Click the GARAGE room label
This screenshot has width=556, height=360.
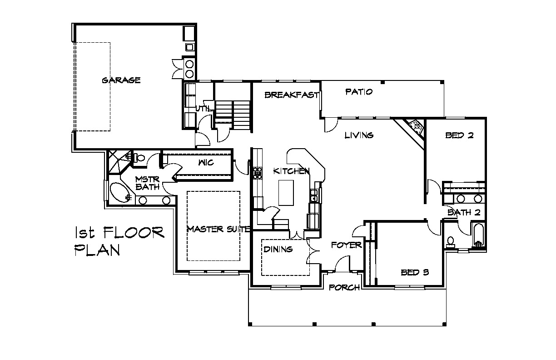pos(121,80)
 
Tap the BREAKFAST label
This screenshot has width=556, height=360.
pos(292,95)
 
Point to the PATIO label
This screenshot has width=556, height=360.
pos(359,92)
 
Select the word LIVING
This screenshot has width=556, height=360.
pos(359,135)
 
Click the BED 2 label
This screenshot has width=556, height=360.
pos(459,135)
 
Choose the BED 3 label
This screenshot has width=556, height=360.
pos(415,273)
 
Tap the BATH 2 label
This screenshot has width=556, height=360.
pos(464,212)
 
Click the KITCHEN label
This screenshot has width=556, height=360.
pos(292,171)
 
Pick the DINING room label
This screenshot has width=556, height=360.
pos(278,249)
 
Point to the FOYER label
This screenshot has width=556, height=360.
pos(347,245)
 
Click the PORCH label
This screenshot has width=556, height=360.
pos(344,288)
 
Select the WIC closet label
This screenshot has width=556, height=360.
pos(206,163)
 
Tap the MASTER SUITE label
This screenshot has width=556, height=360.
pos(218,229)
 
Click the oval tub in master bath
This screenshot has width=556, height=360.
pos(121,192)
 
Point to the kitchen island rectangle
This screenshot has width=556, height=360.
pos(286,193)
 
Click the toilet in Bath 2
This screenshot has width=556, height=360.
pos(450,242)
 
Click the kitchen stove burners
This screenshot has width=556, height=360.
pos(258,173)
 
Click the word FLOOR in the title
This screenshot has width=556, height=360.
pos(134,233)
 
